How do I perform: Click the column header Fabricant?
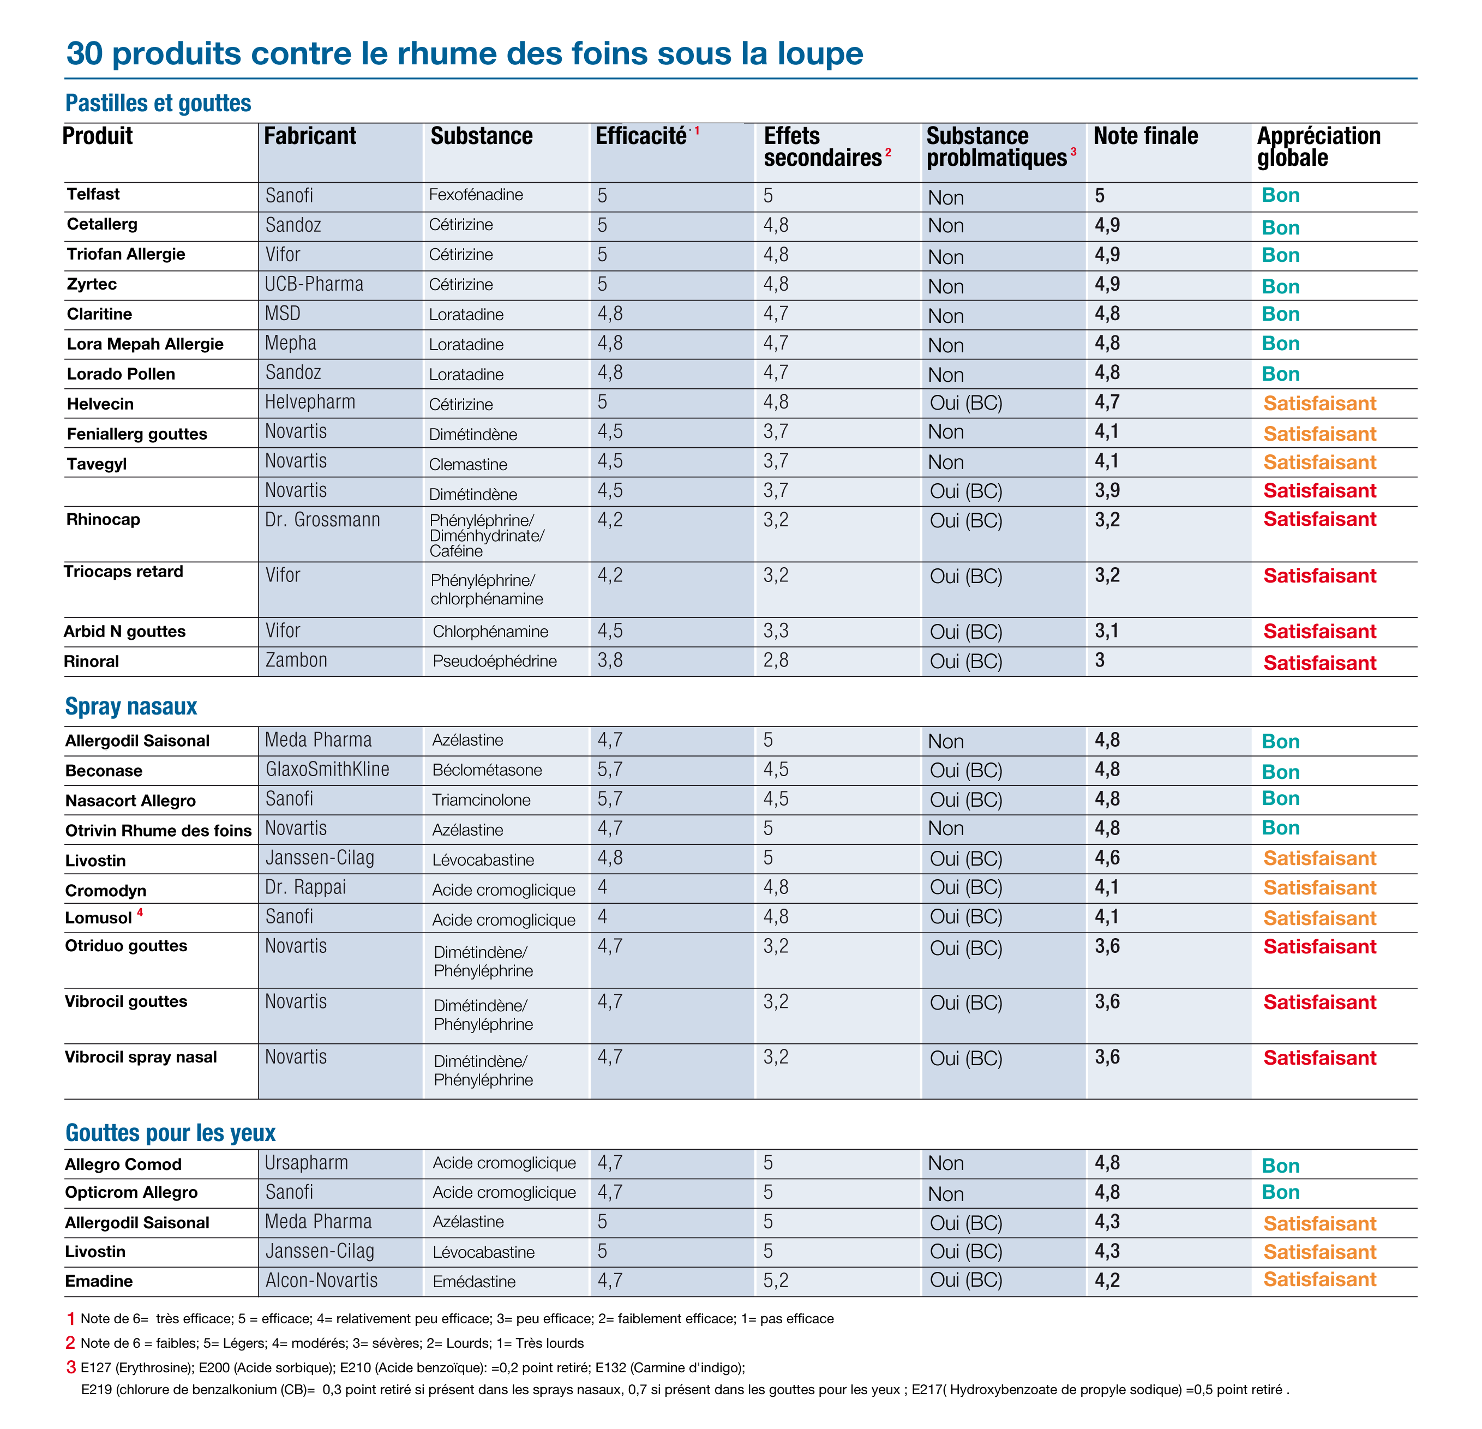[310, 136]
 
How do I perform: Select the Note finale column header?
[1145, 136]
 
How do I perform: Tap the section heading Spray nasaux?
[131, 706]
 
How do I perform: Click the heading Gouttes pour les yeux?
[170, 1133]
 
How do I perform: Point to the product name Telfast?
[93, 194]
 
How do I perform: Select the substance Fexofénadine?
[476, 195]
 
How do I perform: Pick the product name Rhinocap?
[103, 519]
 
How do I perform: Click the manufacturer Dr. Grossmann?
[322, 520]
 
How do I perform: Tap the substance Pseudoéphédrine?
[495, 662]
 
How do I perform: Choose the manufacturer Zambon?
[296, 660]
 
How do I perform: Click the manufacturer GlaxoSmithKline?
[327, 770]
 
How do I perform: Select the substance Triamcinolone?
[481, 800]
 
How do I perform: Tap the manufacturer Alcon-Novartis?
[321, 1281]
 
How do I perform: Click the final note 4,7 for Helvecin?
[1108, 402]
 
